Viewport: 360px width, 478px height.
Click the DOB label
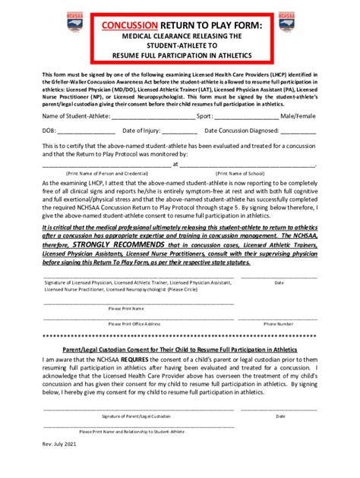[50, 131]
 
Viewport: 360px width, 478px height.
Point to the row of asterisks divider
[179, 334]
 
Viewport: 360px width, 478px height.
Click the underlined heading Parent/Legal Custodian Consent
[179, 349]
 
